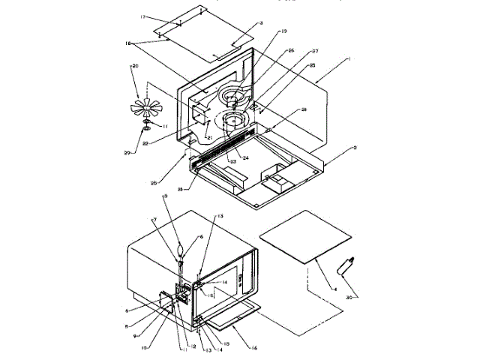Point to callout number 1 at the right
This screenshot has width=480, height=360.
pyautogui.click(x=327, y=58)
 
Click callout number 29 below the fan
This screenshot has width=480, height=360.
pyautogui.click(x=136, y=153)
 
